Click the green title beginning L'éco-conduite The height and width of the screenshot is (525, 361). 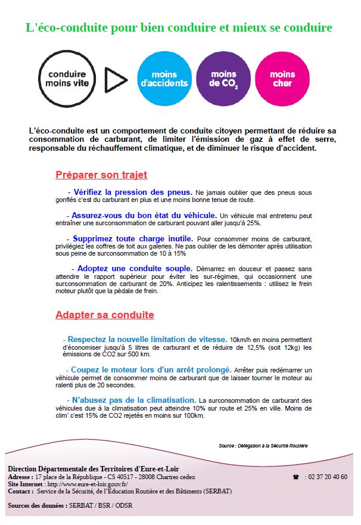tap(179, 27)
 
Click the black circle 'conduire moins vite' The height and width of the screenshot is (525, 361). tap(67, 79)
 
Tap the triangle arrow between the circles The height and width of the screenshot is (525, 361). tap(116, 79)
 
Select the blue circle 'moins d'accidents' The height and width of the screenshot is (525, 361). tap(164, 79)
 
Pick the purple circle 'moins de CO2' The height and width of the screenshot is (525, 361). tap(223, 79)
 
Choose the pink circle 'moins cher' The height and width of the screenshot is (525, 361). tap(282, 79)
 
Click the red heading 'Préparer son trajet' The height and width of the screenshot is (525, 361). tap(101, 175)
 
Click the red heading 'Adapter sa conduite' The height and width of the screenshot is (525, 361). tap(104, 315)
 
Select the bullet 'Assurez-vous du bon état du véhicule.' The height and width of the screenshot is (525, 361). tap(144, 215)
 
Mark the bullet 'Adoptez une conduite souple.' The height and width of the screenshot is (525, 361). tap(135, 268)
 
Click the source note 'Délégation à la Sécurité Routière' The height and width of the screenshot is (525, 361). tap(263, 446)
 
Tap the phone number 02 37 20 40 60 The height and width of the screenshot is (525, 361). tap(326, 477)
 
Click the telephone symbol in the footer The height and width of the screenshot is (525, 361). tap(295, 477)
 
